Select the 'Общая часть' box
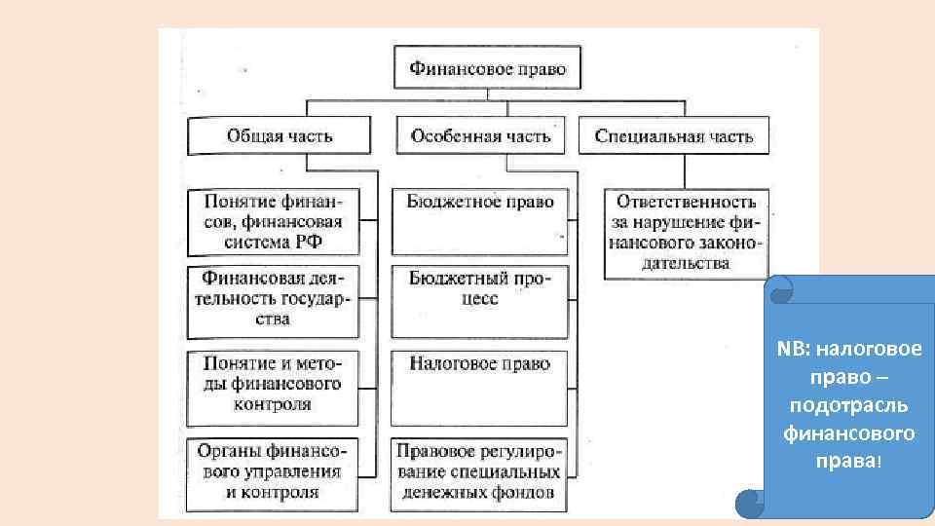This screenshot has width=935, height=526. click(279, 135)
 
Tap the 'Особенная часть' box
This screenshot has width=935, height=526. click(480, 135)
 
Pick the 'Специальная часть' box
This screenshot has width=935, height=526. click(673, 136)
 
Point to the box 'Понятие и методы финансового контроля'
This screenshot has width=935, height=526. click(272, 384)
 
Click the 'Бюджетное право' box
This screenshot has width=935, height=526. click(480, 220)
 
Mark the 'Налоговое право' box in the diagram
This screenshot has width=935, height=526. click(480, 384)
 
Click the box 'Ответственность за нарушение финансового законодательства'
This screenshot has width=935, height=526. click(686, 232)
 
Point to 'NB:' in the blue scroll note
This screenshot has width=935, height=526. click(792, 350)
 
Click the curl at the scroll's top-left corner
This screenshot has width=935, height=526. click(779, 289)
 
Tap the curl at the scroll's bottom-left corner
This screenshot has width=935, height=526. click(750, 502)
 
